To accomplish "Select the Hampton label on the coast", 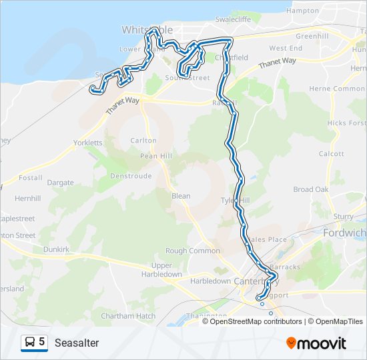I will (x=302, y=11).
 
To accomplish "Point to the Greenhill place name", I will (x=312, y=35).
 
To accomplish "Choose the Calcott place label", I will (x=332, y=153).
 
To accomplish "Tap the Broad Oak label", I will (x=312, y=189).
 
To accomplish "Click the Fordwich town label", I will (x=344, y=233).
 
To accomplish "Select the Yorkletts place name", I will (x=88, y=143).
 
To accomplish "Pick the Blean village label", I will (x=181, y=196).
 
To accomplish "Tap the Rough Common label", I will (x=192, y=251).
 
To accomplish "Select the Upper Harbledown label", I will (x=161, y=270).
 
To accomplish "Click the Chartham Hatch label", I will (x=128, y=315).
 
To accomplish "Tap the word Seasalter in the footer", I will (x=77, y=343).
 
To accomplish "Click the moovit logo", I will (x=316, y=343).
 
